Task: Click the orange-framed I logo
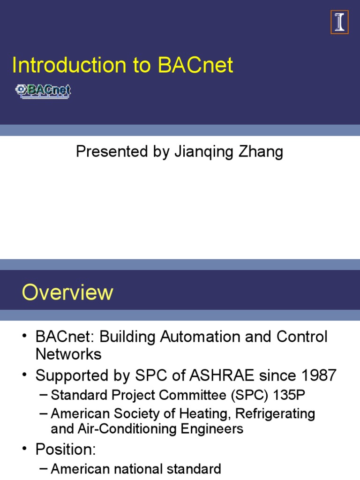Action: click(x=339, y=22)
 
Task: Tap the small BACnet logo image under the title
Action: click(x=43, y=90)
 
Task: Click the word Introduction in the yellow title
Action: click(x=70, y=66)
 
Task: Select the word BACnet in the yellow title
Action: click(x=195, y=66)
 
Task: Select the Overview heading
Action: click(x=67, y=292)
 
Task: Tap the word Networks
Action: click(x=68, y=354)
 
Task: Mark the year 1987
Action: click(x=319, y=375)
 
